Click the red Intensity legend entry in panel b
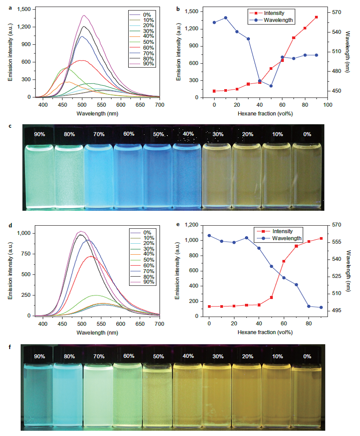(x=270, y=13)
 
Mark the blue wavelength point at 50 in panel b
(x=271, y=86)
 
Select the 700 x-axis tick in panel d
(x=159, y=324)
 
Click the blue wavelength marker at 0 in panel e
(x=209, y=236)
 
